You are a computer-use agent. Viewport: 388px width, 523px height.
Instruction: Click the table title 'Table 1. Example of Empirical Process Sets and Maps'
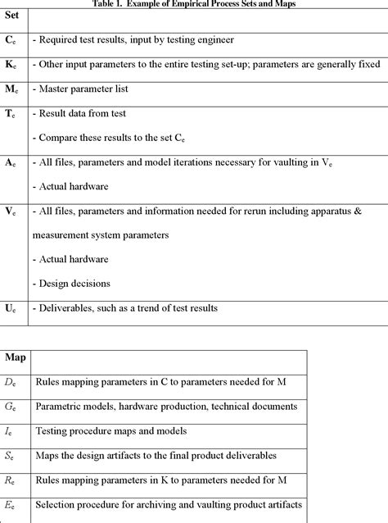194,4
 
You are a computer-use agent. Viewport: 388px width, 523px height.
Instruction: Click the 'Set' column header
15,16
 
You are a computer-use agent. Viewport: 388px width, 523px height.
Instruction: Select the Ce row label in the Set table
11,39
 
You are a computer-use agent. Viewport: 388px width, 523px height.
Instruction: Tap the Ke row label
11,63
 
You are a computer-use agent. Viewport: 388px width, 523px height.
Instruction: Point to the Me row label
12,88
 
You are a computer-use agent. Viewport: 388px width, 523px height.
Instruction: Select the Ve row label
11,211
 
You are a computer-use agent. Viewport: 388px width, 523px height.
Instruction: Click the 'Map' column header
16,357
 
